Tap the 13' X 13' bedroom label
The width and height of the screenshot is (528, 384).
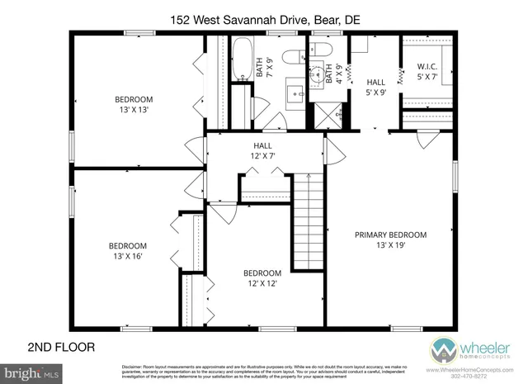(133, 105)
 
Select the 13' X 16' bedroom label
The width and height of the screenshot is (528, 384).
(128, 251)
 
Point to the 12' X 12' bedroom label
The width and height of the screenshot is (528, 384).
(262, 278)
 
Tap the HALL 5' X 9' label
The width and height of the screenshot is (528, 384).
(375, 87)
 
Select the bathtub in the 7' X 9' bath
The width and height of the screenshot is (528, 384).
(241, 59)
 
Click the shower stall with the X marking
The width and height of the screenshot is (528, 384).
(318, 113)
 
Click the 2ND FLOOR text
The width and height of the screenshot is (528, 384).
(62, 347)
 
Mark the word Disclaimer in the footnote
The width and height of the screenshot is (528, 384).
(135, 366)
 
